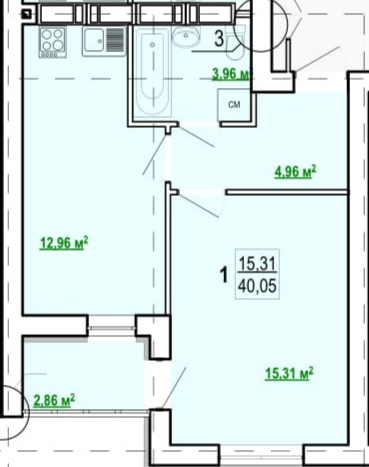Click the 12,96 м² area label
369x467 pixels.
64,243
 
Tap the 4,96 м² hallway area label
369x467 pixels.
295,172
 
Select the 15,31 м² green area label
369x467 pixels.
289,373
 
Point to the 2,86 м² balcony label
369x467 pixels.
54,400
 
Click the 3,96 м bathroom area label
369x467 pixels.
231,74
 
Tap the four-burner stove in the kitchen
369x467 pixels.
53,42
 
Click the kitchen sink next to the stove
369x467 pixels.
104,41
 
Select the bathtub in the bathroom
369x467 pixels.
153,72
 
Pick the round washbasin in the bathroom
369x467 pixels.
186,36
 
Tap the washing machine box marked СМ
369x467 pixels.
234,105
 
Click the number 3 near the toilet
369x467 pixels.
219,39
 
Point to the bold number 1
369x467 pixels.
225,275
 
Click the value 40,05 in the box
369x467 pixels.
257,286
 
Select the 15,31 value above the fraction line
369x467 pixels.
257,264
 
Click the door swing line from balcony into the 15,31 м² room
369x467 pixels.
173,387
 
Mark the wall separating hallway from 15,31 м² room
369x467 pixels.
287,192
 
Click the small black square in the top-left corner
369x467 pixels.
27,14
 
